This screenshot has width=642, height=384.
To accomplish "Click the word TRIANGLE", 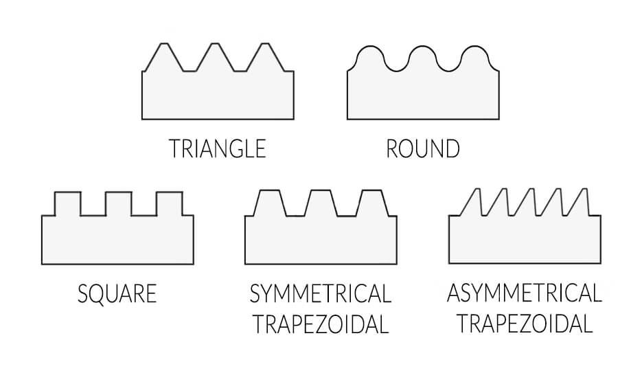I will (x=217, y=148).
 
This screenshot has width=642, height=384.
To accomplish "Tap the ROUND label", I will (x=423, y=148).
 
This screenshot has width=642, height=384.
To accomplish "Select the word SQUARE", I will (x=117, y=294).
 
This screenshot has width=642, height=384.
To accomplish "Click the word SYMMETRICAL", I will (x=321, y=294).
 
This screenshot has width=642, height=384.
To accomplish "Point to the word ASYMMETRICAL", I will (x=524, y=293).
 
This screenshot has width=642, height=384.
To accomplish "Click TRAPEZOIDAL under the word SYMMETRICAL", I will (x=321, y=324).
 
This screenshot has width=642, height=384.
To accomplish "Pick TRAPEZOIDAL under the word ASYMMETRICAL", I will (x=524, y=324).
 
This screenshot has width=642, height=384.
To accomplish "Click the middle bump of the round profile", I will (x=422, y=58).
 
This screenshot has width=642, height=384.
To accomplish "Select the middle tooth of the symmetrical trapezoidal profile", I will (x=319, y=203).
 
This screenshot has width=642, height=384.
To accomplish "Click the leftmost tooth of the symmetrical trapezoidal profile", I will (x=269, y=203).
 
